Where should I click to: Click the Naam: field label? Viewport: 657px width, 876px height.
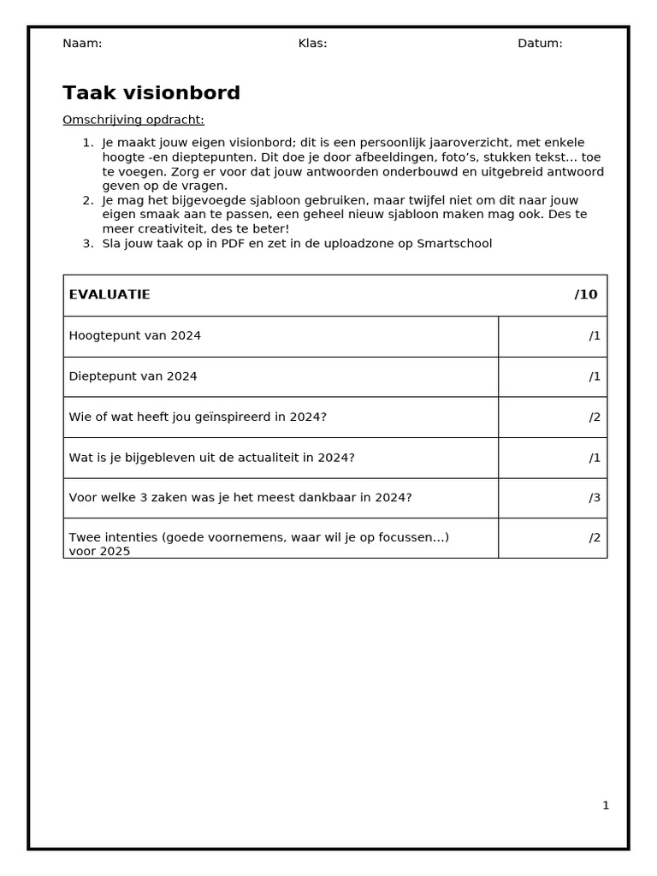click(x=82, y=44)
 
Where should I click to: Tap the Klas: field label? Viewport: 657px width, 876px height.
click(x=312, y=44)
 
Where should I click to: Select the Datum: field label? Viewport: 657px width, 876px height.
click(x=540, y=44)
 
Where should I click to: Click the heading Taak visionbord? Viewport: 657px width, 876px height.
click(x=151, y=93)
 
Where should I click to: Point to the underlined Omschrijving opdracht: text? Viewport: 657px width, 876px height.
click(x=133, y=120)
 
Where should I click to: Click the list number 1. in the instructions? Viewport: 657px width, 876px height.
click(x=87, y=143)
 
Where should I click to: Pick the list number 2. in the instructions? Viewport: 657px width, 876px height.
click(x=87, y=200)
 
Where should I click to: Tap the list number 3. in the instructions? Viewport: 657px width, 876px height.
click(x=87, y=244)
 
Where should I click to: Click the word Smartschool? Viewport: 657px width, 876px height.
click(x=455, y=244)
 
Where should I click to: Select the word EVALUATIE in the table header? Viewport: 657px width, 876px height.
click(x=109, y=295)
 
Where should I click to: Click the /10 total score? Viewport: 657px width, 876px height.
click(x=586, y=295)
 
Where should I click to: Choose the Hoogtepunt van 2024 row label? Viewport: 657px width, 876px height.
click(x=135, y=336)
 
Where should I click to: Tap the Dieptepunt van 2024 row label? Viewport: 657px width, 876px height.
click(x=133, y=376)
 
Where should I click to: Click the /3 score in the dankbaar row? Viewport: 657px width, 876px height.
click(x=595, y=498)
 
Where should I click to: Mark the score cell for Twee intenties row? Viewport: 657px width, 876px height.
click(x=553, y=538)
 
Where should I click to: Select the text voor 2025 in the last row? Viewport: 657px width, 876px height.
click(x=99, y=552)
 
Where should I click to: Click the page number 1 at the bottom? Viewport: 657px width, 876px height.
click(x=606, y=806)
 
